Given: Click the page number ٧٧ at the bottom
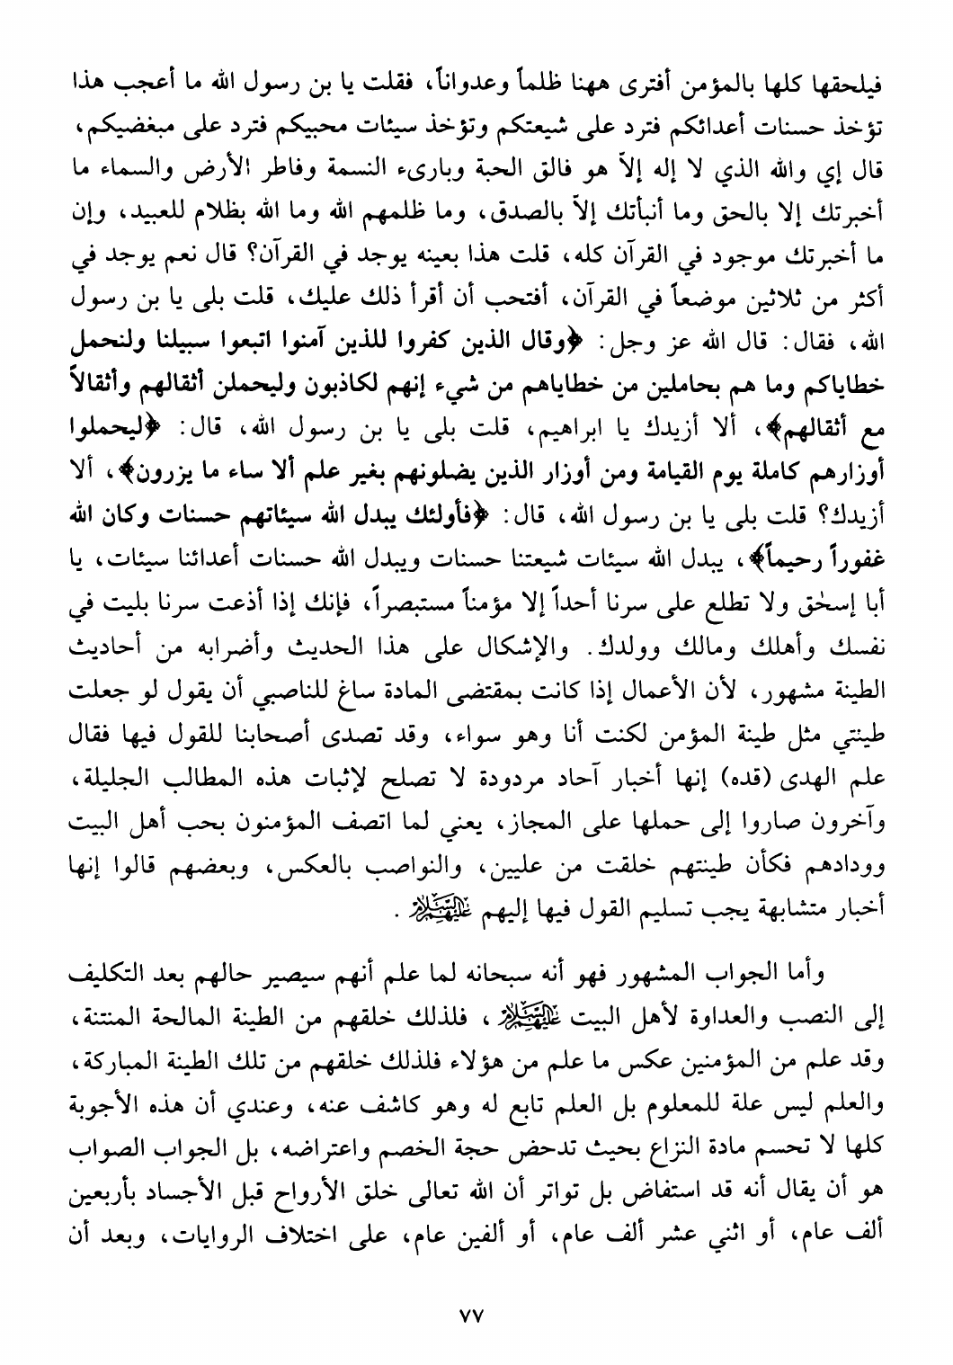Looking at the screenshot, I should click(x=471, y=1315).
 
